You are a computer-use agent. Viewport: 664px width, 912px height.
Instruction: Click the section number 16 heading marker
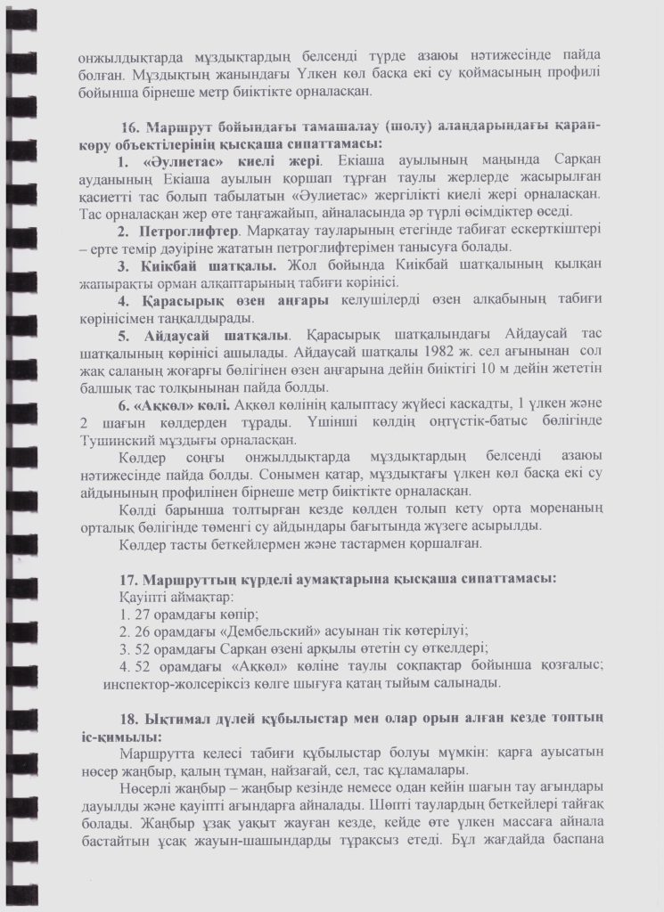pos(132,126)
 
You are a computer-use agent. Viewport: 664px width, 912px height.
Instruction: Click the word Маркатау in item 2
pos(281,231)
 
